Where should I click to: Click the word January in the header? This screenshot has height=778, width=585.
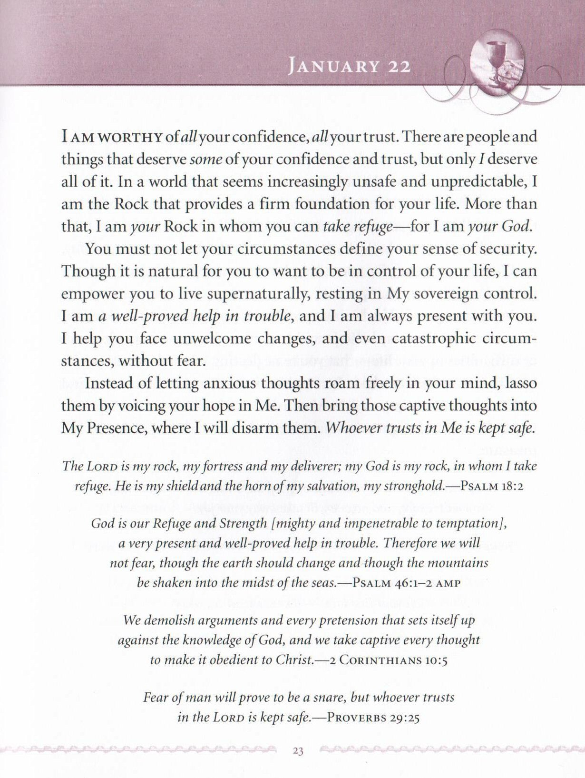[x=333, y=67]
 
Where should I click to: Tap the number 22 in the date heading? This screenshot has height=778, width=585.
[x=399, y=67]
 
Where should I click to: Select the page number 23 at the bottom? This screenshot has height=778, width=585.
[x=298, y=752]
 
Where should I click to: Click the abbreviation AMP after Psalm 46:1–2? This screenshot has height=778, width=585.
[x=448, y=583]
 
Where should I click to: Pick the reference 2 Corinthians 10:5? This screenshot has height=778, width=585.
[x=386, y=661]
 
